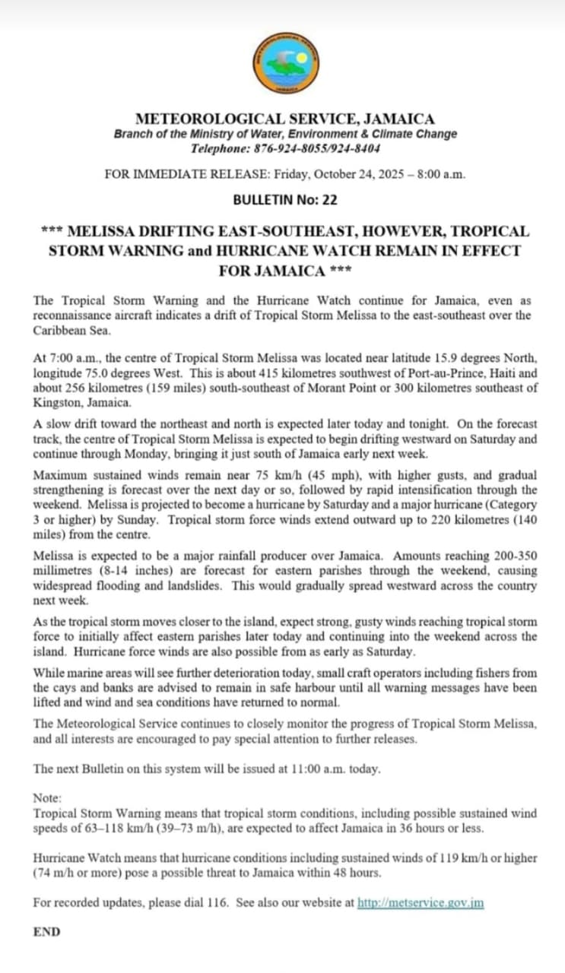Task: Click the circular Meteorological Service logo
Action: [x=286, y=65]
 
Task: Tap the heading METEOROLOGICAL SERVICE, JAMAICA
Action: [x=285, y=119]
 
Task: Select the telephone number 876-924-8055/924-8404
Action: [x=318, y=148]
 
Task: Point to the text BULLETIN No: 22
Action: [x=285, y=201]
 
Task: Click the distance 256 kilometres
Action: [x=101, y=388]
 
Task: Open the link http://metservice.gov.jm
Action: [x=421, y=903]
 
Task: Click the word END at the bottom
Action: [x=46, y=931]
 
